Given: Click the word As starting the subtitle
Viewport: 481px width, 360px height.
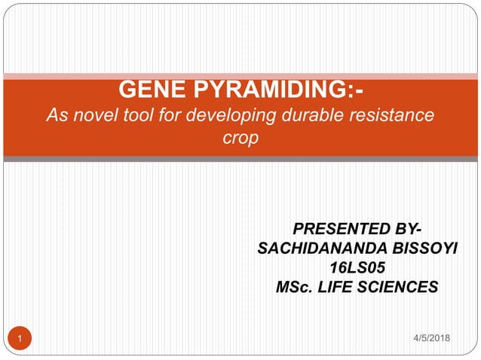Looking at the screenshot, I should tap(57, 117).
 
